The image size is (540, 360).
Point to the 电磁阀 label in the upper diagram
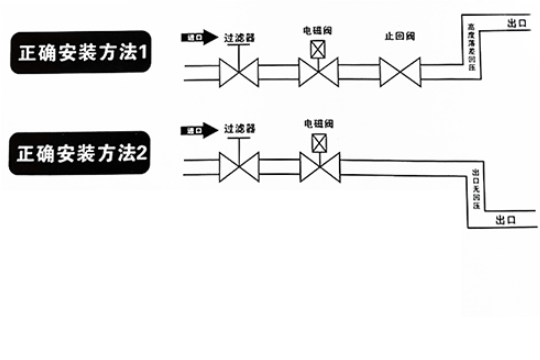click(x=319, y=30)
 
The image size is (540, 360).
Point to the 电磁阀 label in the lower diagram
click(x=319, y=122)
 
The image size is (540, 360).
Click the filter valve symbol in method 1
click(x=239, y=73)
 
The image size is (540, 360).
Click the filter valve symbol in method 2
click(x=239, y=166)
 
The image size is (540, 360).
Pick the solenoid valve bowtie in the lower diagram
click(x=320, y=166)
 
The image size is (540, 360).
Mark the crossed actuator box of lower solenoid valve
click(x=320, y=143)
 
